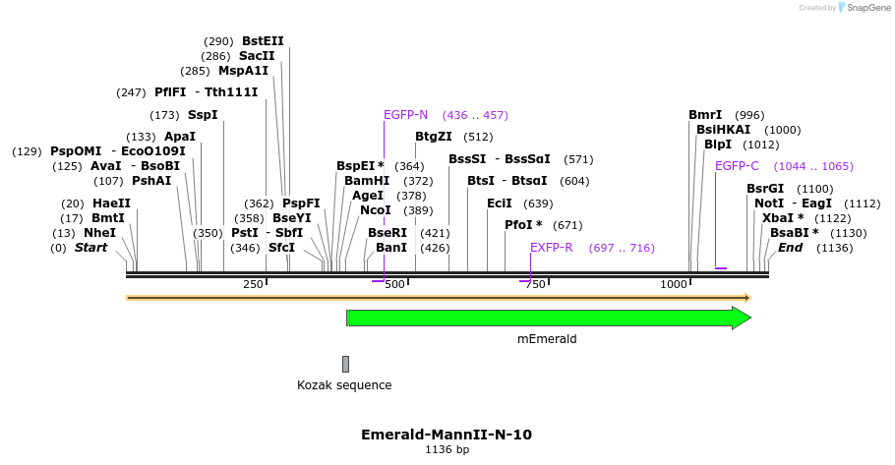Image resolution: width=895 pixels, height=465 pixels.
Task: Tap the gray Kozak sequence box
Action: [345, 364]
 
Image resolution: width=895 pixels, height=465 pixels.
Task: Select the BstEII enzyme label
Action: [263, 41]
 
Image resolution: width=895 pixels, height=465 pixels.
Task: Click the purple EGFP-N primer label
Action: [405, 115]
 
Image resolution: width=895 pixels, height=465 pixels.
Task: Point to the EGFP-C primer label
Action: [737, 166]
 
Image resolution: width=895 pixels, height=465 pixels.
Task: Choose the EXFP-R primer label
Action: [551, 248]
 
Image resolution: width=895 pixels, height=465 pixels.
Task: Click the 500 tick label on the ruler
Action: [395, 284]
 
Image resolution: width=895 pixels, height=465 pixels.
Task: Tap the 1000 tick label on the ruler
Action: [674, 284]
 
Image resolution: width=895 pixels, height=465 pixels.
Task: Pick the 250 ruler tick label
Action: [253, 284]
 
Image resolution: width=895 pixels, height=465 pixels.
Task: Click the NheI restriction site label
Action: [99, 233]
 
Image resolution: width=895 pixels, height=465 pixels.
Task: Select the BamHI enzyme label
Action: [367, 181]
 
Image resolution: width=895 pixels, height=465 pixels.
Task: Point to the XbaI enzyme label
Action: [783, 218]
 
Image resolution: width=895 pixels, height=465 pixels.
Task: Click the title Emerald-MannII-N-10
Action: [447, 434]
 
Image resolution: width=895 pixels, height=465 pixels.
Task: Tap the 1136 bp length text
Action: [447, 449]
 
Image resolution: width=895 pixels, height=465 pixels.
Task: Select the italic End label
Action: [791, 248]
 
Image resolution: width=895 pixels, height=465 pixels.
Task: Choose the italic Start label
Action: [90, 248]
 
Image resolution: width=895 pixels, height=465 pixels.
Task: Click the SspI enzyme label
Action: [203, 115]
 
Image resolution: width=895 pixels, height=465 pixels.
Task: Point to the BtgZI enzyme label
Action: [434, 137]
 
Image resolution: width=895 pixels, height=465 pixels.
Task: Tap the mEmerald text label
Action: [547, 339]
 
